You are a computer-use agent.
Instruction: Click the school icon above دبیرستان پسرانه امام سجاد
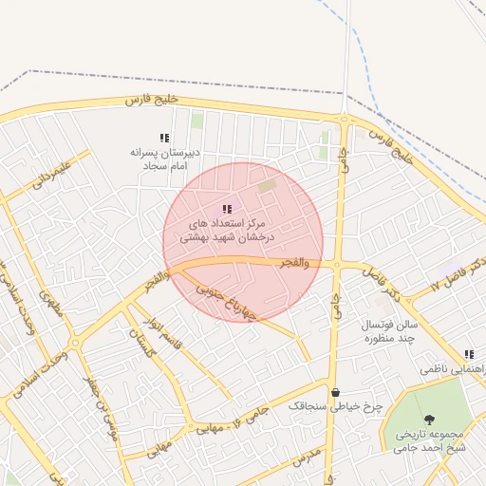pyautogui.click(x=164, y=138)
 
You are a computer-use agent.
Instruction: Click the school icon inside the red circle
pyautogui.click(x=226, y=209)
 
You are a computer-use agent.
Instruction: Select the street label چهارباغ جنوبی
pyautogui.click(x=227, y=299)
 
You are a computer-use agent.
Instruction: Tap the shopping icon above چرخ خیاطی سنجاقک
pyautogui.click(x=335, y=391)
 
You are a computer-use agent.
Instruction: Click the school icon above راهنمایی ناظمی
pyautogui.click(x=469, y=353)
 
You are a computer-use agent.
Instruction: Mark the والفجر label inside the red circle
pyautogui.click(x=294, y=262)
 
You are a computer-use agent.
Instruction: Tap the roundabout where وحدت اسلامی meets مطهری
pyautogui.click(x=74, y=344)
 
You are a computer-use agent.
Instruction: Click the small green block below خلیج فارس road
pyautogui.click(x=197, y=121)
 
